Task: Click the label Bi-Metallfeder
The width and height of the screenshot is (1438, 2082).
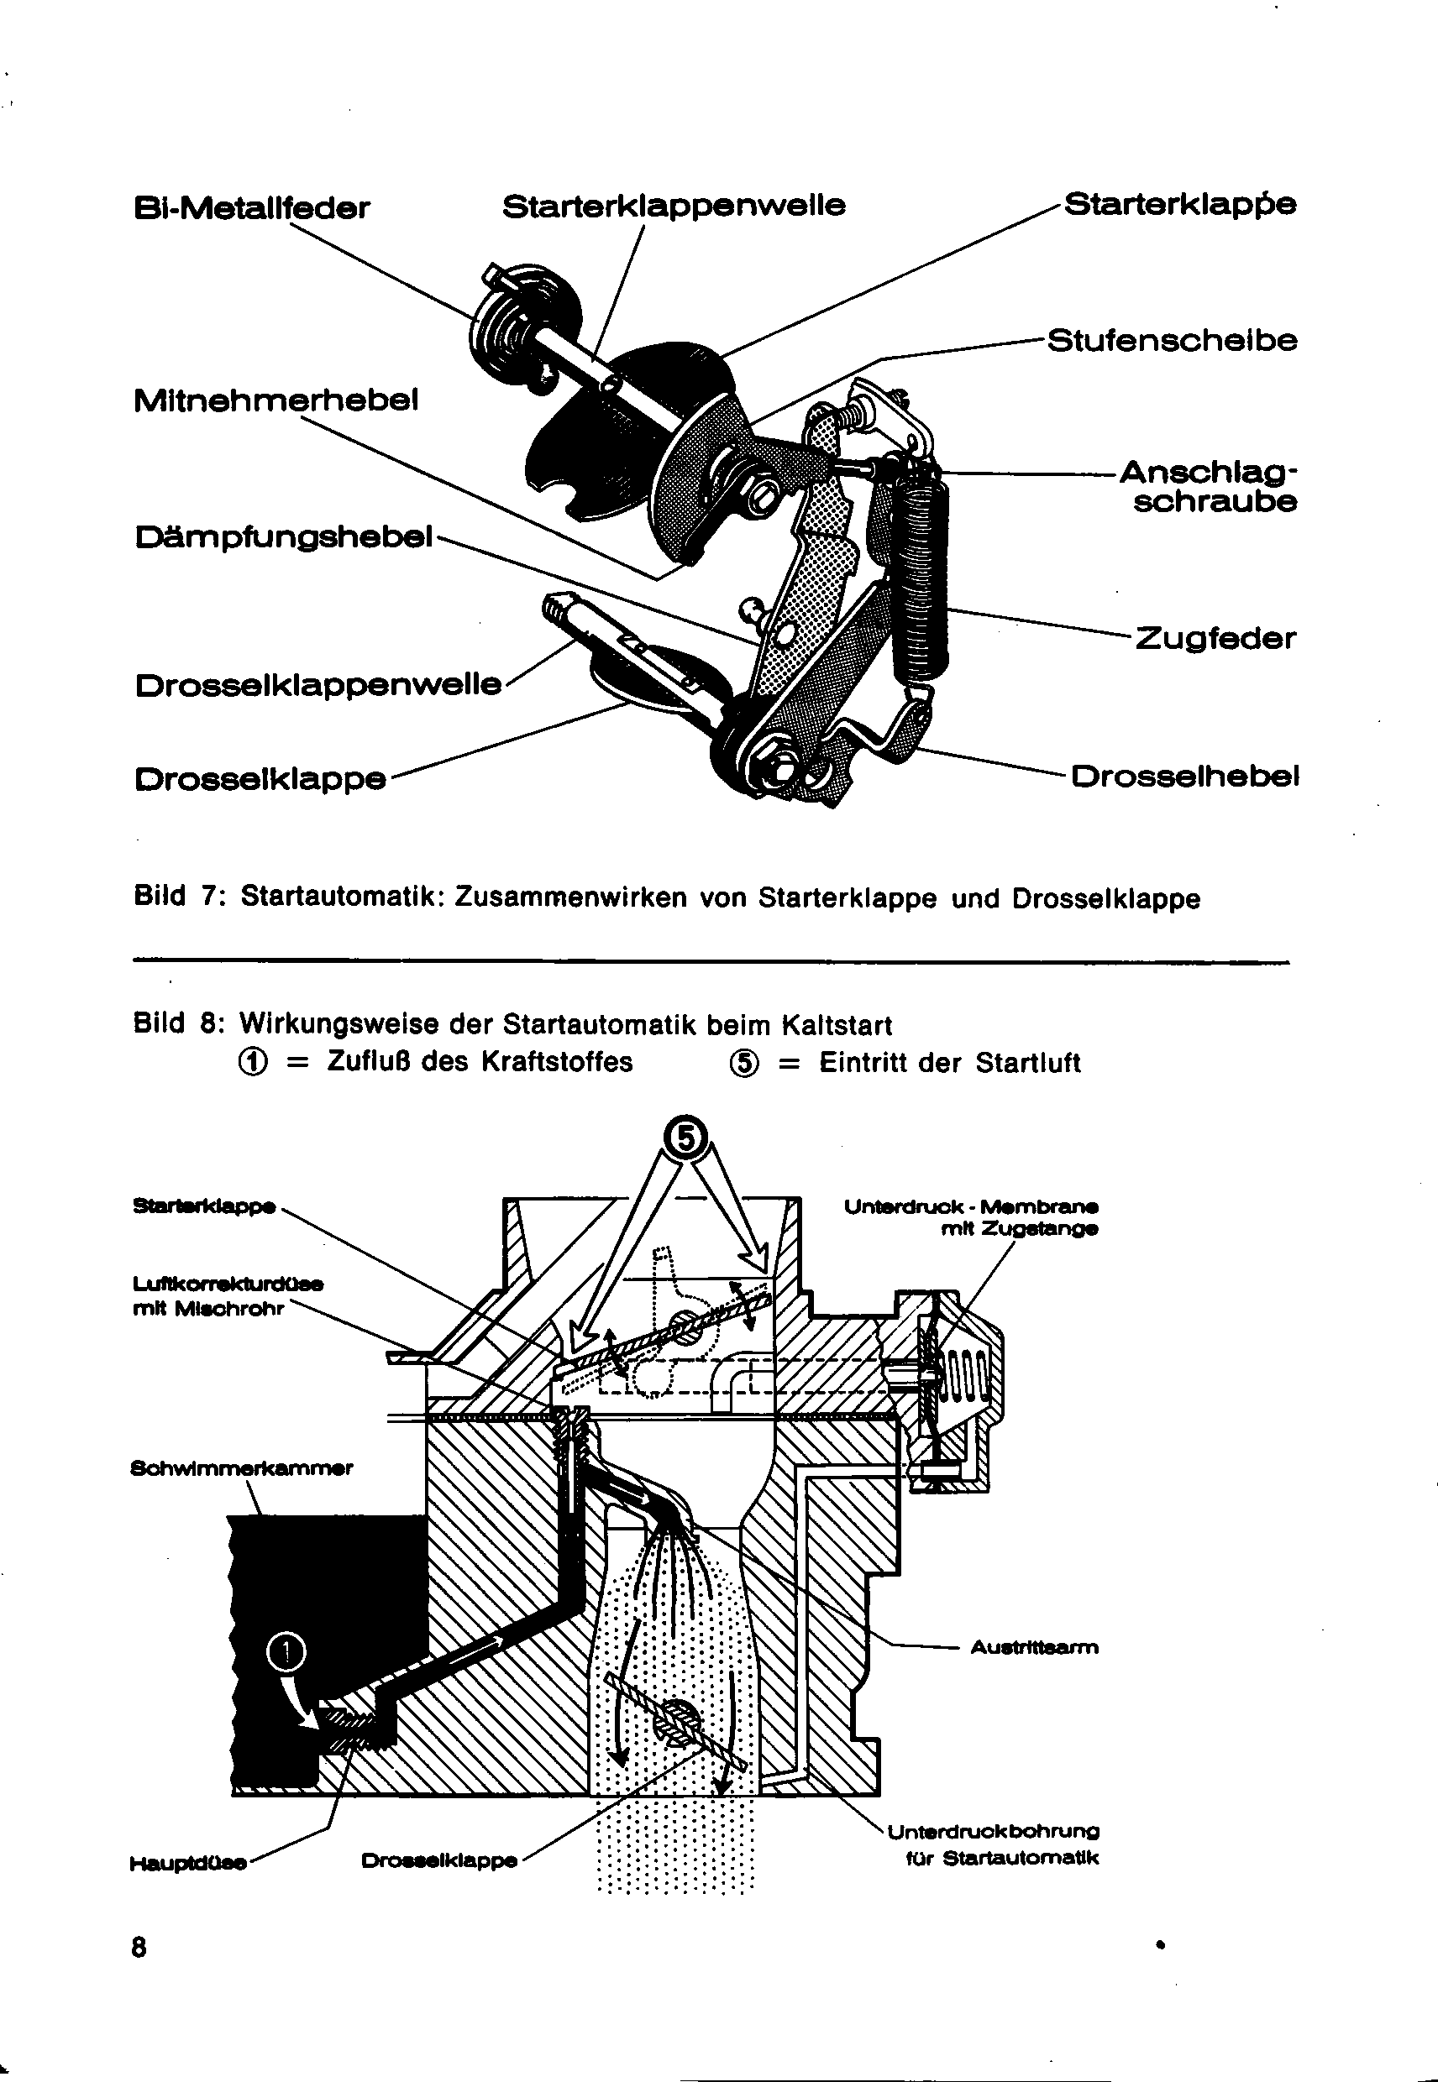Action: click(251, 208)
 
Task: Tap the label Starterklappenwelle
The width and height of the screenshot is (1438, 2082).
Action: click(674, 207)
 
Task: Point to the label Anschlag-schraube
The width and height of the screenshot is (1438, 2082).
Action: click(1211, 487)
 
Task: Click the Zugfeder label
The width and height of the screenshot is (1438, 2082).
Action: click(1215, 640)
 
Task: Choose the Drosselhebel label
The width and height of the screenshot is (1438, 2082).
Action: click(1184, 776)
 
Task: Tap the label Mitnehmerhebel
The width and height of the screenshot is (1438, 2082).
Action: click(276, 400)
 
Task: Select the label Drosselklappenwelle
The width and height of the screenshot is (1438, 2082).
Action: click(318, 685)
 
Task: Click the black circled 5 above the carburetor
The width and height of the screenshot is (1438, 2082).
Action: click(686, 1138)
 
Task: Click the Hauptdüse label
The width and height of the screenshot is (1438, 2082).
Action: click(188, 1863)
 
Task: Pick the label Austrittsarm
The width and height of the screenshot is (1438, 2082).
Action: click(1034, 1648)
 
